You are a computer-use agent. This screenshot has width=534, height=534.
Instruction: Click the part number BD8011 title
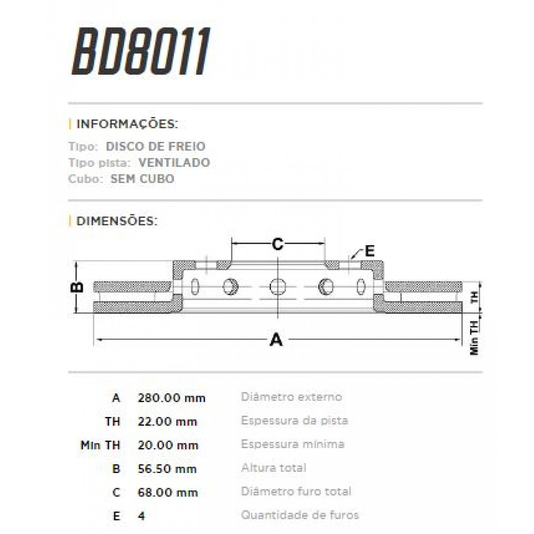coord(141,51)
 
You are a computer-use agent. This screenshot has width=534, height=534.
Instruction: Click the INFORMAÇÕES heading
coord(127,124)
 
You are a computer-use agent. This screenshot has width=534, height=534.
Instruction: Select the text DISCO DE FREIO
coord(155,146)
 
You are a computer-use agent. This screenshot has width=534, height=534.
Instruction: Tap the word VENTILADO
coord(174,162)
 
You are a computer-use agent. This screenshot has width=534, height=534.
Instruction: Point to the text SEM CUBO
coord(142,179)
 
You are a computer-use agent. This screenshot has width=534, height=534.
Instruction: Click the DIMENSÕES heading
coord(117,221)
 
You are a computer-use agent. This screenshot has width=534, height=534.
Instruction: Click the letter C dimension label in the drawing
coord(277,244)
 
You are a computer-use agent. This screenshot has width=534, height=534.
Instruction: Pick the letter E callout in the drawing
coord(370,251)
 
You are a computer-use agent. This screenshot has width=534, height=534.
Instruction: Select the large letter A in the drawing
coord(276,340)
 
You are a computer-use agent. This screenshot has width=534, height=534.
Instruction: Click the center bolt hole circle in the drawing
coord(278,286)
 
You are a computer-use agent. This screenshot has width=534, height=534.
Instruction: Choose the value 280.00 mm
coord(171,398)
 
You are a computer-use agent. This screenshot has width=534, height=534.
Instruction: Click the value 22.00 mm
coord(167,422)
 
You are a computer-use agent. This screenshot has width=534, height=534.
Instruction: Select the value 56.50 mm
coord(167,469)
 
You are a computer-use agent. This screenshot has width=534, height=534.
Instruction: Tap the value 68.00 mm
coord(168,493)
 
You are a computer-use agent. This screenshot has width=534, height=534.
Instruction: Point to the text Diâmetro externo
coord(291,397)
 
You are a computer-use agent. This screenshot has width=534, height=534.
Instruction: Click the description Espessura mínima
coord(293,444)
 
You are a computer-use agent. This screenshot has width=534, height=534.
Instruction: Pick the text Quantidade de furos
coord(300,515)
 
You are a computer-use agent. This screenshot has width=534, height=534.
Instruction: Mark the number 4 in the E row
coord(142,516)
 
